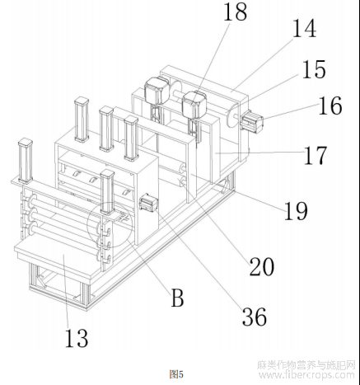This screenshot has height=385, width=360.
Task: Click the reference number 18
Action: click(236, 12)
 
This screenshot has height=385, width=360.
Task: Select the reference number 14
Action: click(304, 29)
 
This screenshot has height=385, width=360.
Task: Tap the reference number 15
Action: click(314, 69)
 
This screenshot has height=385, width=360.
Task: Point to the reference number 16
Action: click(330, 106)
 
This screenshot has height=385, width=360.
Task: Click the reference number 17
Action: click(316, 155)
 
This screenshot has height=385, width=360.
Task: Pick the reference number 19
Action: click(296, 211)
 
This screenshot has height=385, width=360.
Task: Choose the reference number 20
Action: click(262, 266)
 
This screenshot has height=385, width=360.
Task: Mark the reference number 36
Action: click(255, 317)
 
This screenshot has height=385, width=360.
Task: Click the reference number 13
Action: click(77, 338)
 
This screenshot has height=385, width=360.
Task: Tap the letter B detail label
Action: click(177, 298)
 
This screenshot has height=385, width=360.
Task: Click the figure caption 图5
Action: click(176, 374)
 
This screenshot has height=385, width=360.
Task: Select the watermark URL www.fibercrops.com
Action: click(306, 375)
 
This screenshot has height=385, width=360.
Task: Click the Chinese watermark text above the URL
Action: click(306, 364)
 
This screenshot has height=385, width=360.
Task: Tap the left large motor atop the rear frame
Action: click(156, 92)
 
